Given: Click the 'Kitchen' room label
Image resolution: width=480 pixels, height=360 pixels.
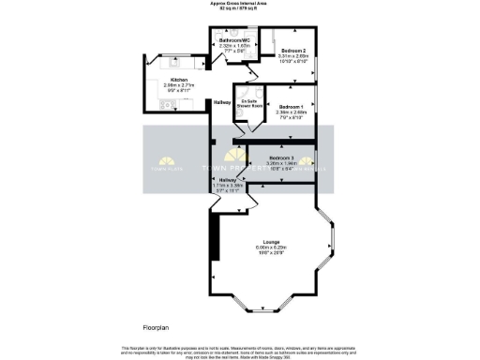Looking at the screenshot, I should click(178, 81).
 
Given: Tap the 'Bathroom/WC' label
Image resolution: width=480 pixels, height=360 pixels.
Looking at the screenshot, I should click(234, 42).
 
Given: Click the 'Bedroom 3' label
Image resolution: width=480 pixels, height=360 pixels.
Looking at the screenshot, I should click(281, 157).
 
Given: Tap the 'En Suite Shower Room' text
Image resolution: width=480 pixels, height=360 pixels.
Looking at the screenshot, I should click(250, 103).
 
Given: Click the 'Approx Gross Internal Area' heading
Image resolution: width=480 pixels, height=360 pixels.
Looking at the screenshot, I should click(240, 4).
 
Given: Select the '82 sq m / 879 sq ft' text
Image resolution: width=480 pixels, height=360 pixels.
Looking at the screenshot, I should click(240, 8).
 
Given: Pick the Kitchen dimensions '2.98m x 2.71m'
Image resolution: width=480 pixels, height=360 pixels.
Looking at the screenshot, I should click(178, 86).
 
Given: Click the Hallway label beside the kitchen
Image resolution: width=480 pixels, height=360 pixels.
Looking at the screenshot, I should click(223, 101).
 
